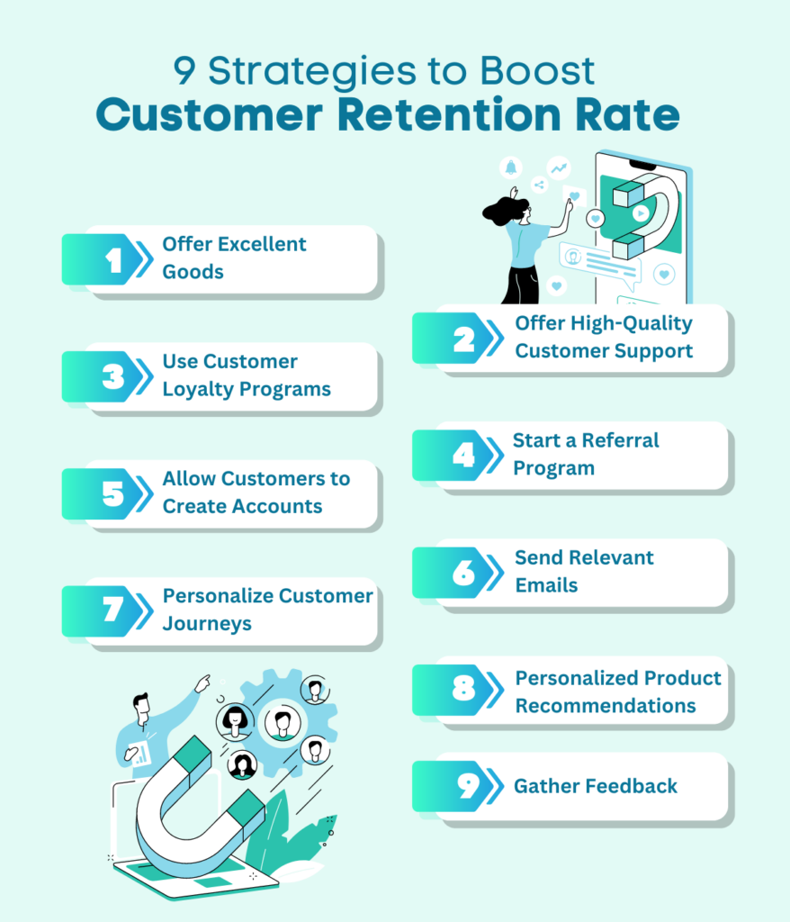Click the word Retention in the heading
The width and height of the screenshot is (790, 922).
point(450,114)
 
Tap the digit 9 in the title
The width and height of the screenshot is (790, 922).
point(184,71)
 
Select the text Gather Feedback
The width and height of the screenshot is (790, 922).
point(596,786)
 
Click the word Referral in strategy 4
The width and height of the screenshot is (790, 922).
point(620,440)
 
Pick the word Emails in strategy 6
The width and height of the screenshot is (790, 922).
point(547,585)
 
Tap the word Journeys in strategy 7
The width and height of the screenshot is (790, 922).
point(207,624)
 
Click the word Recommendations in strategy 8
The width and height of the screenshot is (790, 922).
point(606,706)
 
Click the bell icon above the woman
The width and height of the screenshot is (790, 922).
point(511,167)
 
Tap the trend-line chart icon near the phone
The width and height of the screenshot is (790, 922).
point(559,168)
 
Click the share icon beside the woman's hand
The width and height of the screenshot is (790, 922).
point(539,185)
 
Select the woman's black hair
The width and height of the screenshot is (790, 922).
point(504,210)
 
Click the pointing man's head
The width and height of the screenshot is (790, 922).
point(141,708)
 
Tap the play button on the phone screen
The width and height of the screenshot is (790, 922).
point(641,213)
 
